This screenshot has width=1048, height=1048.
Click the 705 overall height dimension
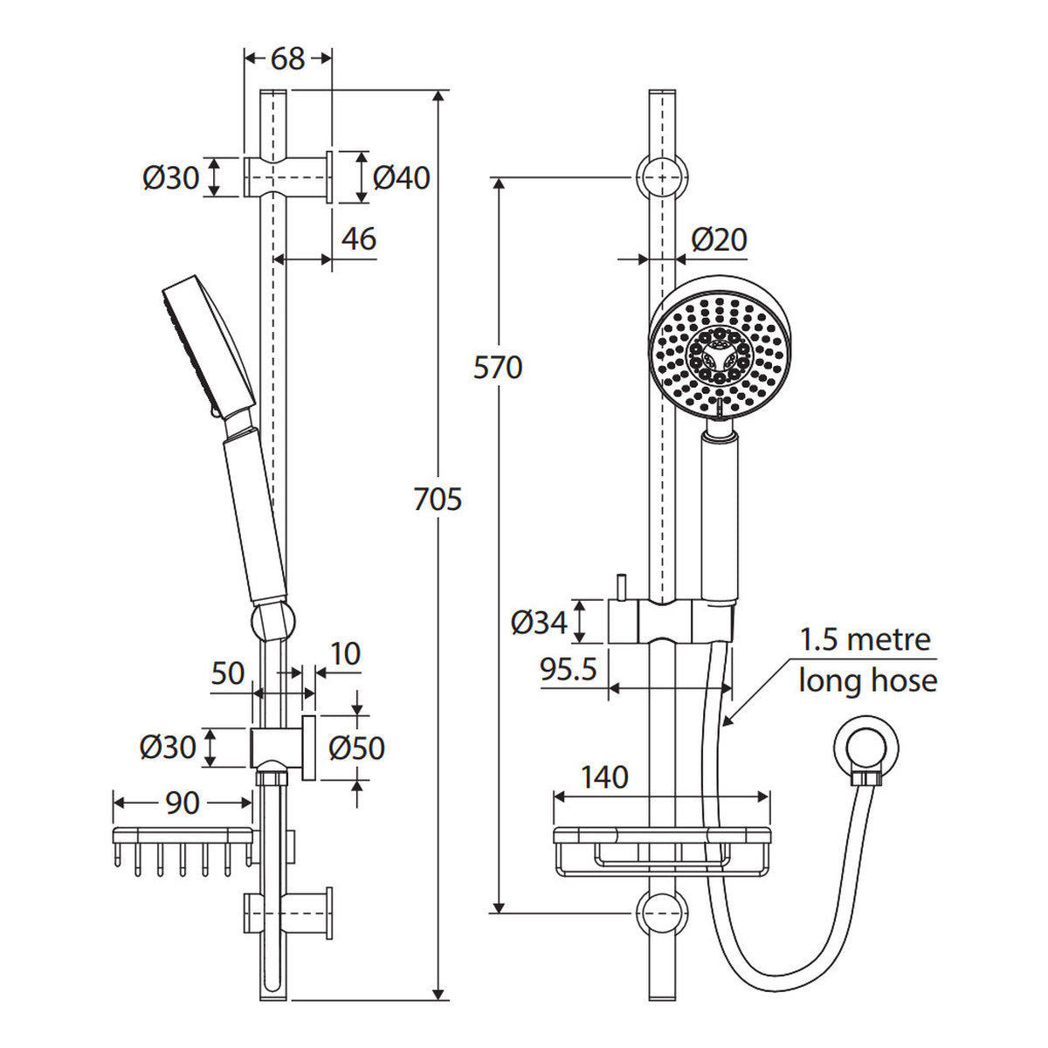(438, 500)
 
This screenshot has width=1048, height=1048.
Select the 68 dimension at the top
(287, 59)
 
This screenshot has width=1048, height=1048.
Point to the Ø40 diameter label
(402, 178)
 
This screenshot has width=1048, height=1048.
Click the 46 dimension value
(359, 238)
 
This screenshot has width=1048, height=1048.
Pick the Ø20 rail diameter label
(720, 239)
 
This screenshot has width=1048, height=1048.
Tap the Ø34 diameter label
(539, 622)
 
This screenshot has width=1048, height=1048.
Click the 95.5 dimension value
(569, 669)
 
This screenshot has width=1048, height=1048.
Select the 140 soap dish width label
(604, 777)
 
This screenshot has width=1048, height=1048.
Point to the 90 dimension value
(183, 803)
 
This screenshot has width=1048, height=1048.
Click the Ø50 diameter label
(357, 748)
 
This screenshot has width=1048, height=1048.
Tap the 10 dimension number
(345, 654)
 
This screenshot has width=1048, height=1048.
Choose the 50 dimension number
(228, 674)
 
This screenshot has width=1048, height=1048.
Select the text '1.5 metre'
(865, 639)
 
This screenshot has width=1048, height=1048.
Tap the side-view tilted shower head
(210, 346)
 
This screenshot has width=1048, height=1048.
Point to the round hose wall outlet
(865, 749)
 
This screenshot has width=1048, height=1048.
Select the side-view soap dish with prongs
(183, 851)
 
